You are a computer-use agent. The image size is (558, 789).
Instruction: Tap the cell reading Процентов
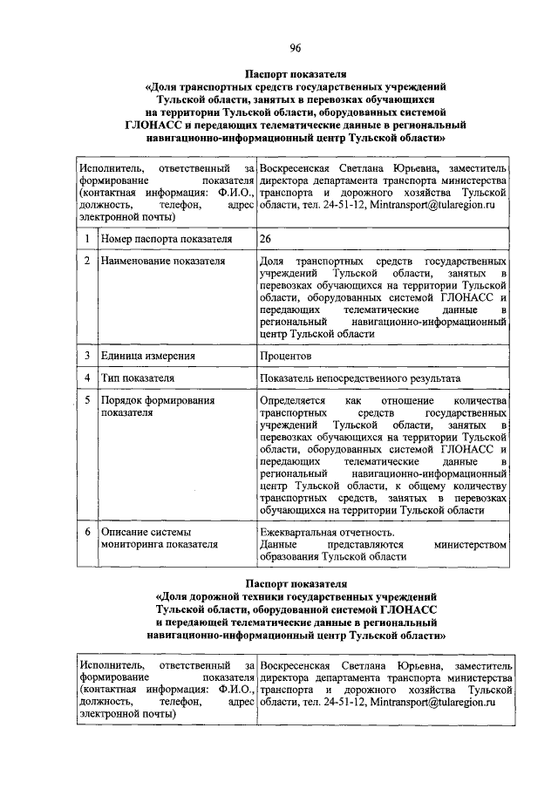pos(285,356)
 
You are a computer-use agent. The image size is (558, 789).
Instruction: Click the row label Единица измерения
pos(147,356)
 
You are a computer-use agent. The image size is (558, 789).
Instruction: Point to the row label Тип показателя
pos(138,378)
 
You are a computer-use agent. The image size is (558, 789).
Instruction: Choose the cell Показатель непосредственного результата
pos(359,378)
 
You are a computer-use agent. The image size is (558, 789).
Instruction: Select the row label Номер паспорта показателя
pos(167,238)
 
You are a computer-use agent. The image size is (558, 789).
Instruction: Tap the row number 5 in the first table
pos(87,400)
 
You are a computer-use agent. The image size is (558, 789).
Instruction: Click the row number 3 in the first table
pos(87,356)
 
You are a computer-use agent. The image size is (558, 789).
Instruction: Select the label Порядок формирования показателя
pos(157,406)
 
